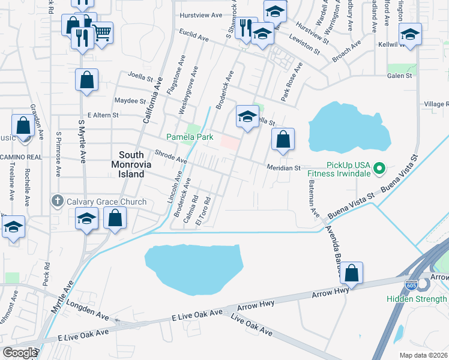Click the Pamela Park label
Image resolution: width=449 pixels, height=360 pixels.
click(x=190, y=137)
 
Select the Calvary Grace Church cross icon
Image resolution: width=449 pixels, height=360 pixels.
click(x=57, y=202)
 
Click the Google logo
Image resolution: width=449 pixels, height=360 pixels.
click(x=19, y=353)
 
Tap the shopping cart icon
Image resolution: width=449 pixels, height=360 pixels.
click(x=103, y=32)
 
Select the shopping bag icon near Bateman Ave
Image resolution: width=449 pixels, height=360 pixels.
click(x=352, y=272)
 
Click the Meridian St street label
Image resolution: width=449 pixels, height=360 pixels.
click(x=283, y=169)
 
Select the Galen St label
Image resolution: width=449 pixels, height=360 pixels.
click(x=399, y=76)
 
